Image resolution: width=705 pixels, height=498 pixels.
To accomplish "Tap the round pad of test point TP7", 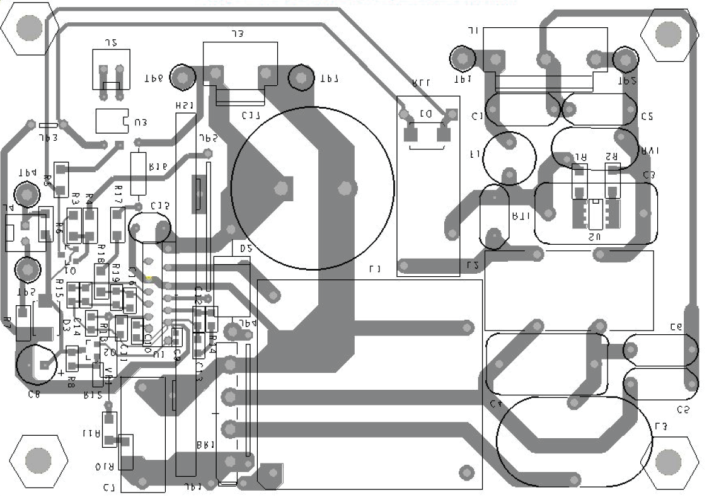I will (x=300, y=77).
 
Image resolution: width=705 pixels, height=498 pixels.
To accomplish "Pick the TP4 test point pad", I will (x=27, y=195).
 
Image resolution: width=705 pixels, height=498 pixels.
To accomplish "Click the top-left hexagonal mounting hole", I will (x=28, y=28).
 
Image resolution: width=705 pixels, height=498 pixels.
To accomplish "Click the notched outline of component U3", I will (x=113, y=121).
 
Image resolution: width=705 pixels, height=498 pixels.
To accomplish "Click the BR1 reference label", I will (x=206, y=445).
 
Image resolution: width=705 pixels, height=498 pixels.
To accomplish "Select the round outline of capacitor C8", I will (x=38, y=364).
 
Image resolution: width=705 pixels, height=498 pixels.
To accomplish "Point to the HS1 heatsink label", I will (x=184, y=106).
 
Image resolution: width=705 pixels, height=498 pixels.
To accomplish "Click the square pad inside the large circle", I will (x=281, y=187).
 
